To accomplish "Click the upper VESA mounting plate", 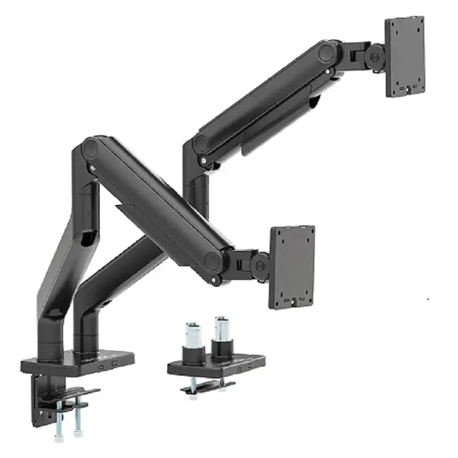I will pyautogui.click(x=405, y=56).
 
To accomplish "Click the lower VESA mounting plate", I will pyautogui.click(x=292, y=266).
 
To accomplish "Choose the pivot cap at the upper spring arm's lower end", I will pyautogui.click(x=202, y=143).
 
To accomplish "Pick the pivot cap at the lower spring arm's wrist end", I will pyautogui.click(x=214, y=262).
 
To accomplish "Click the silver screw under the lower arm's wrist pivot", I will pyautogui.click(x=214, y=279).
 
